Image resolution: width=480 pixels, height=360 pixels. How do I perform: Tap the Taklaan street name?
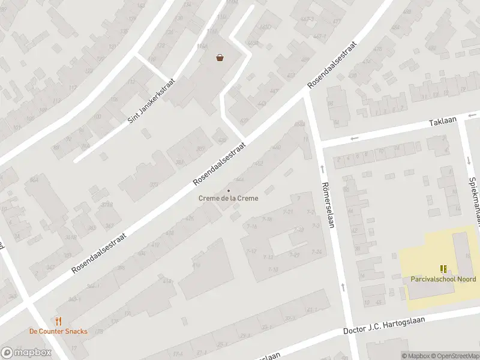point(443,121)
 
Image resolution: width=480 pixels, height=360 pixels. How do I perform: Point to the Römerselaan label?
point(327,205)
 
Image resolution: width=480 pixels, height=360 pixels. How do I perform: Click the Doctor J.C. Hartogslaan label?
point(383,326)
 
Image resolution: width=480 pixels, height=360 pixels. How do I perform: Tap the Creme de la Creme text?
point(229,199)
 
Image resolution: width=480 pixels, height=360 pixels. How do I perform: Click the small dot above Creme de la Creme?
point(229,190)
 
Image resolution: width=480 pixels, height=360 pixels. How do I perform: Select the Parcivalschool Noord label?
point(443,279)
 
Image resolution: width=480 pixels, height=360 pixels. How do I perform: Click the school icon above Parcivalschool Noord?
point(443,269)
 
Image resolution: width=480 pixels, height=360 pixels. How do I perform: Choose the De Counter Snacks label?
point(58,331)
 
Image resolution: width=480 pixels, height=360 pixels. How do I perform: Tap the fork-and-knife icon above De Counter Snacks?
point(58,321)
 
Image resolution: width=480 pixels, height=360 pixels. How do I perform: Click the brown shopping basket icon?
point(220,58)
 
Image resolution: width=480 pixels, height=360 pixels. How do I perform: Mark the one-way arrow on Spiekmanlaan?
point(468,160)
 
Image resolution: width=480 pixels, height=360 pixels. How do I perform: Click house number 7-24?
point(317,252)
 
